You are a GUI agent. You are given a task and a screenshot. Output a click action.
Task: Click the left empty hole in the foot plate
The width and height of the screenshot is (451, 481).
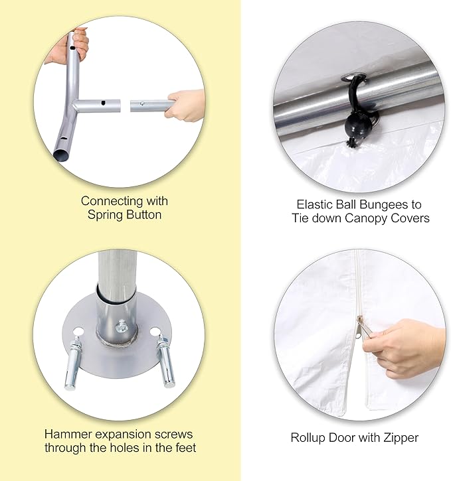point(78,332)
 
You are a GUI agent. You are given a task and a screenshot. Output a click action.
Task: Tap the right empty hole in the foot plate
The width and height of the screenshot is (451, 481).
point(155,332)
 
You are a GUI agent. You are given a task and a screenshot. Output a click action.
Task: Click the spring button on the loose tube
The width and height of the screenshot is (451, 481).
point(142,103)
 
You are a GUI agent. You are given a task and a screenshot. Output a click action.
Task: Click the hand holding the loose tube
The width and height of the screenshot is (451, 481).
point(185,105)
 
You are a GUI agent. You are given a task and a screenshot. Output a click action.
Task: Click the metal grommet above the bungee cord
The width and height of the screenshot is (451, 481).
point(353,77)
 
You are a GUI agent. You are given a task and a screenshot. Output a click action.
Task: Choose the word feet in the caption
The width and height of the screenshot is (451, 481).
point(185,448)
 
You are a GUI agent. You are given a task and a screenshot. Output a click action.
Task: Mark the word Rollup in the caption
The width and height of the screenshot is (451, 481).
point(308,438)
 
